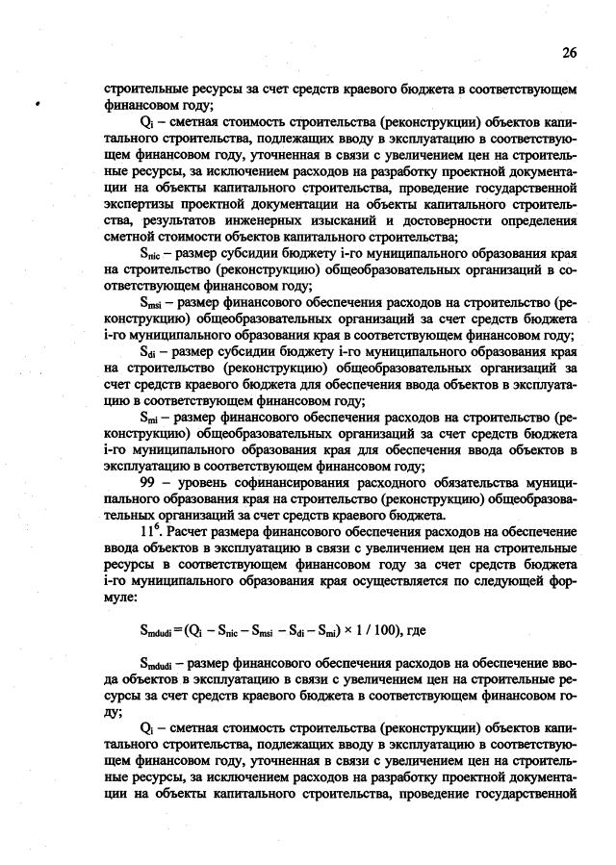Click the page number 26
click(568, 53)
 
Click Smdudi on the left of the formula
click(157, 630)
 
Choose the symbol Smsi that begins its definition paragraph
click(154, 303)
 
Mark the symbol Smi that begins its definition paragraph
click(152, 421)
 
